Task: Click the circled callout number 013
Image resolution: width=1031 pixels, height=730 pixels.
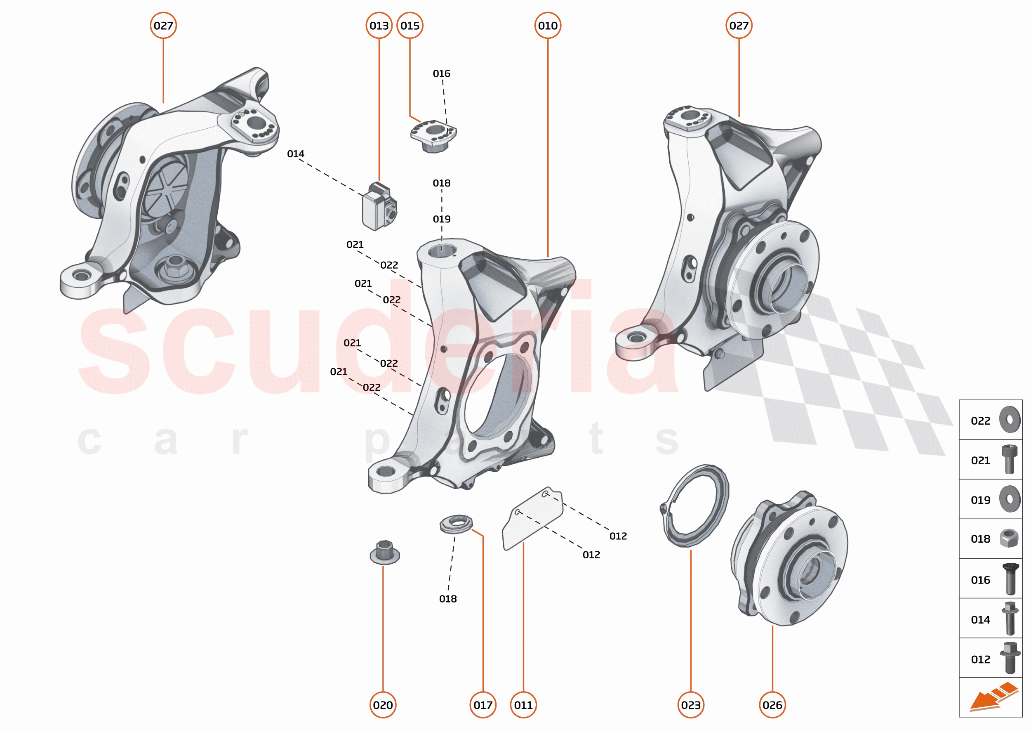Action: coord(379,26)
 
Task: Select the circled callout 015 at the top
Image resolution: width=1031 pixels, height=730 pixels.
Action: coord(410,26)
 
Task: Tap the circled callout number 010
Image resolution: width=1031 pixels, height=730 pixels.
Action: coord(548,26)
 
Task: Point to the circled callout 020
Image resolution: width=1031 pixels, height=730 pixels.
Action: coord(383,705)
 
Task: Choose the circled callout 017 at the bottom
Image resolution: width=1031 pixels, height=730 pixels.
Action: coord(483,705)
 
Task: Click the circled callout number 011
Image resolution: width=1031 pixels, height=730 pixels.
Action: coord(523,705)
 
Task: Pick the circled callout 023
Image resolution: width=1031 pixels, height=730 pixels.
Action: coord(690,705)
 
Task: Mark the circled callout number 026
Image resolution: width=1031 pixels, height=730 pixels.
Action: coord(772,705)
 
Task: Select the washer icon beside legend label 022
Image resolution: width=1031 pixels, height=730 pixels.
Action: coord(1010,419)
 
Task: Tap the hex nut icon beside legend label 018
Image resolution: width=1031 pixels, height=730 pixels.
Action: coord(1009,539)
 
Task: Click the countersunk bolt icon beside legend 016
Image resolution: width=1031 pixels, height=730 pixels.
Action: coord(1010,579)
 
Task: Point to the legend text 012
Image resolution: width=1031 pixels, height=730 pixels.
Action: coord(980,659)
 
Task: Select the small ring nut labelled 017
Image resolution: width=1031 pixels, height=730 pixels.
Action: coord(456,524)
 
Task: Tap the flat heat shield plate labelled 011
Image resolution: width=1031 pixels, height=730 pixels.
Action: coord(532,519)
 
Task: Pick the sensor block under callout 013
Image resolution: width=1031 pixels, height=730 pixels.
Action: coord(379,208)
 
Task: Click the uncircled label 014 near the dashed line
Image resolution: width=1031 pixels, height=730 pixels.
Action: coord(296,154)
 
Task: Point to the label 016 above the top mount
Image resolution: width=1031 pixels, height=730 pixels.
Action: coord(441,73)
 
